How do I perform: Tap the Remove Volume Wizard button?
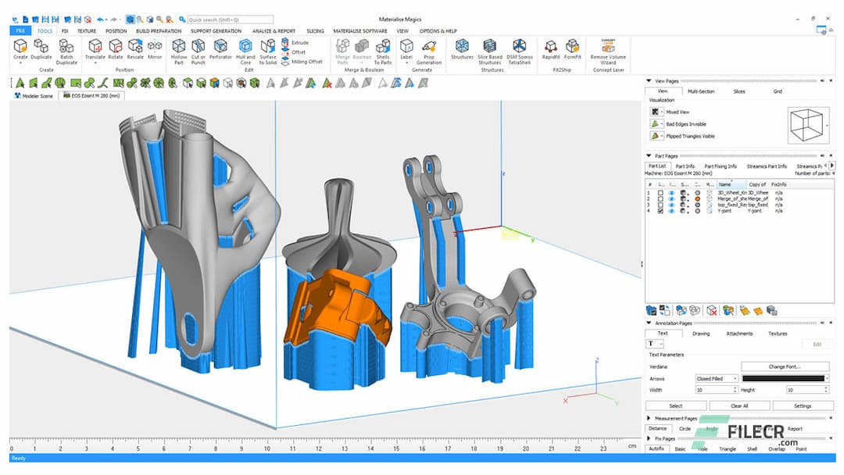(x=608, y=51)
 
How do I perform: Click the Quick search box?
(x=231, y=20)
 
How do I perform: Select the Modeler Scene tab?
(x=36, y=95)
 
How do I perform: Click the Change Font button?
(x=785, y=366)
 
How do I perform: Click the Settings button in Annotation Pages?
(x=803, y=405)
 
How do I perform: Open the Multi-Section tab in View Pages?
(x=700, y=91)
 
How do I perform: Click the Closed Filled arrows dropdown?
(x=717, y=378)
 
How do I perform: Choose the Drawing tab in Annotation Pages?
(x=701, y=334)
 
